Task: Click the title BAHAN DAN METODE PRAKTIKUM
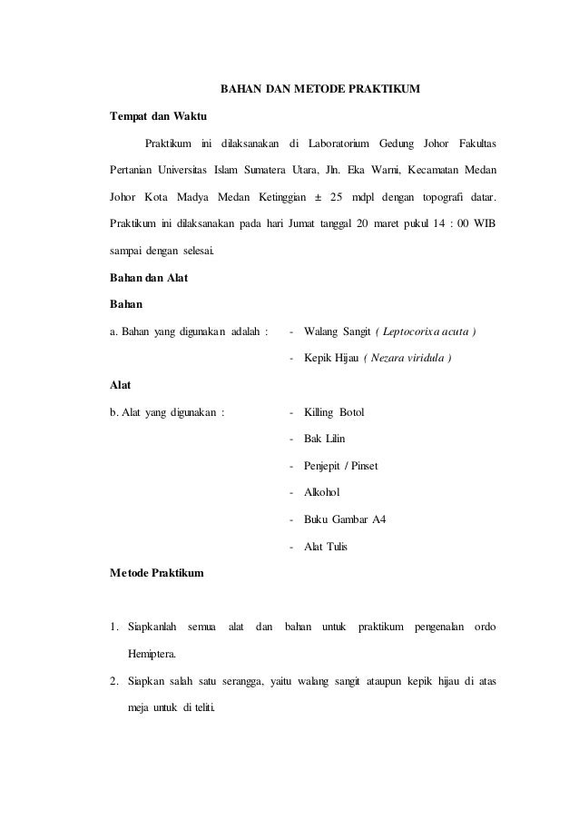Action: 321,91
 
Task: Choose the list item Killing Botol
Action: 334,413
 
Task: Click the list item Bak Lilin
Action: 325,440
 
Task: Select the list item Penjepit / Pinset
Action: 342,467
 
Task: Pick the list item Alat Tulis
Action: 326,547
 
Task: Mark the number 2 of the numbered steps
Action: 113,680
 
